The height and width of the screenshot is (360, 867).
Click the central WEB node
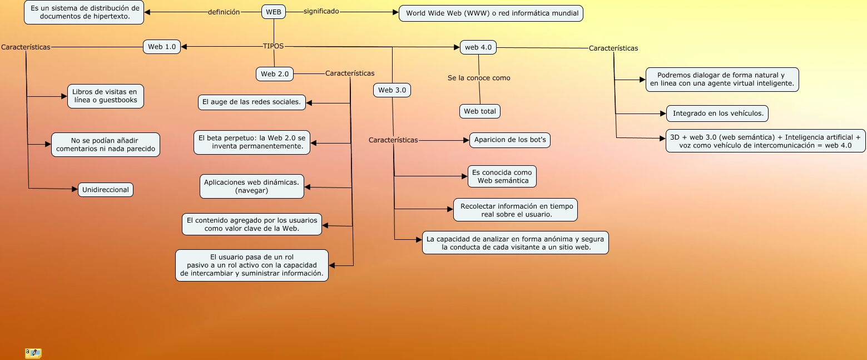(x=274, y=12)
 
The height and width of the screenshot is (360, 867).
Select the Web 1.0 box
(x=162, y=47)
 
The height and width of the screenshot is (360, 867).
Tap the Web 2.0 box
(x=275, y=74)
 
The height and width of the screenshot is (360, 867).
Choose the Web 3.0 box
(x=392, y=90)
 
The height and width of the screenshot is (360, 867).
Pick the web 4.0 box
(x=478, y=47)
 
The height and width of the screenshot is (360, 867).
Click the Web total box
(x=479, y=111)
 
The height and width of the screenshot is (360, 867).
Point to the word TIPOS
(x=273, y=46)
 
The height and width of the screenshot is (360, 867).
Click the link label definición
(x=224, y=12)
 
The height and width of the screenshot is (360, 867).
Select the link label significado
(x=321, y=11)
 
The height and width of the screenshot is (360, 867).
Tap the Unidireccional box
(x=106, y=190)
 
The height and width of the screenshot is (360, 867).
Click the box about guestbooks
(x=106, y=96)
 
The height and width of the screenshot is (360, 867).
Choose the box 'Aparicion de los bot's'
(x=510, y=140)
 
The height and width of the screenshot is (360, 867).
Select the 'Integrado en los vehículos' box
(x=717, y=114)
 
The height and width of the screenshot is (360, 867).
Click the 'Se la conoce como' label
(x=479, y=78)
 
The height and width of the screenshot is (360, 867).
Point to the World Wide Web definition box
(x=491, y=13)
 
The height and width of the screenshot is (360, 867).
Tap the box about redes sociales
(x=252, y=102)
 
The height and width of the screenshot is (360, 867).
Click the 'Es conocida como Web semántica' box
(x=502, y=176)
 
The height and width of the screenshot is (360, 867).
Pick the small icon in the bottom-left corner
(x=33, y=353)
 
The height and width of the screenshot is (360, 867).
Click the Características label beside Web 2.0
(x=350, y=73)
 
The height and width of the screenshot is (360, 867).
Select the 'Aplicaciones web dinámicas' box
(x=252, y=186)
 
